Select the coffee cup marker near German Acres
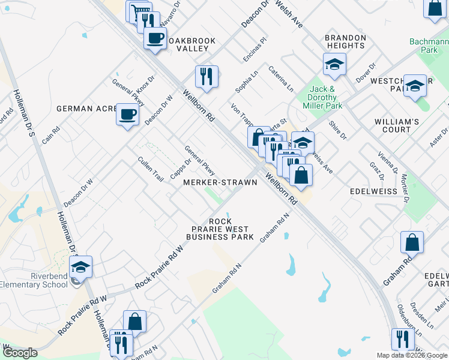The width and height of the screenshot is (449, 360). [128, 114]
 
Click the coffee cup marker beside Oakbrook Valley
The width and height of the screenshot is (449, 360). [155, 39]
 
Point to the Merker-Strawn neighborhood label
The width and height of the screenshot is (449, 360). [220, 182]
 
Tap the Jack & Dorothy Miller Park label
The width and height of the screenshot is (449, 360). [325, 97]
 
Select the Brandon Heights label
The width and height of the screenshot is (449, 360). [346, 41]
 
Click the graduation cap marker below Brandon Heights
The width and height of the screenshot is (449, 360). [334, 64]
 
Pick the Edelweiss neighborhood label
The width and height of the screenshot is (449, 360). [373, 191]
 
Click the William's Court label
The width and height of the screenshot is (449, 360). [397, 125]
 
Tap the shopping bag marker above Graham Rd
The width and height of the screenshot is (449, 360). [412, 242]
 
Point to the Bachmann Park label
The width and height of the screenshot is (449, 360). [429, 46]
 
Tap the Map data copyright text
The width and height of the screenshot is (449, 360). [412, 355]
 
